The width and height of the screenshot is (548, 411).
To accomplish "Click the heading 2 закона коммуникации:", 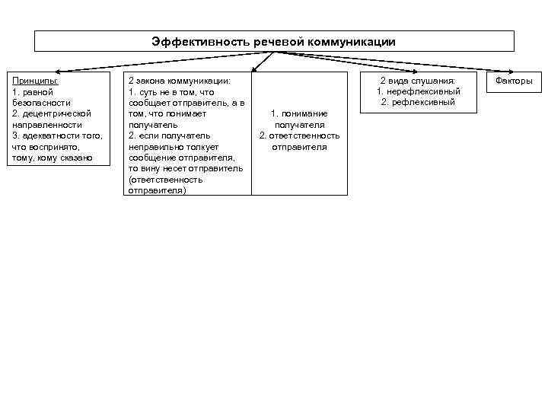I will click(179, 80).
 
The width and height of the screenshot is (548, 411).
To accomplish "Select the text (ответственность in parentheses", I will click(165, 180).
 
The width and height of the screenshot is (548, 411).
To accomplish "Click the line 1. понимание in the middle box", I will click(299, 113).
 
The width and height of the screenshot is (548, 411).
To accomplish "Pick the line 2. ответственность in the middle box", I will click(299, 135).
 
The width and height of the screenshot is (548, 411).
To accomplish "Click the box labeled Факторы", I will click(514, 81).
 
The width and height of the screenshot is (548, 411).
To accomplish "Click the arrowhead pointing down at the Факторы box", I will click(513, 69).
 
